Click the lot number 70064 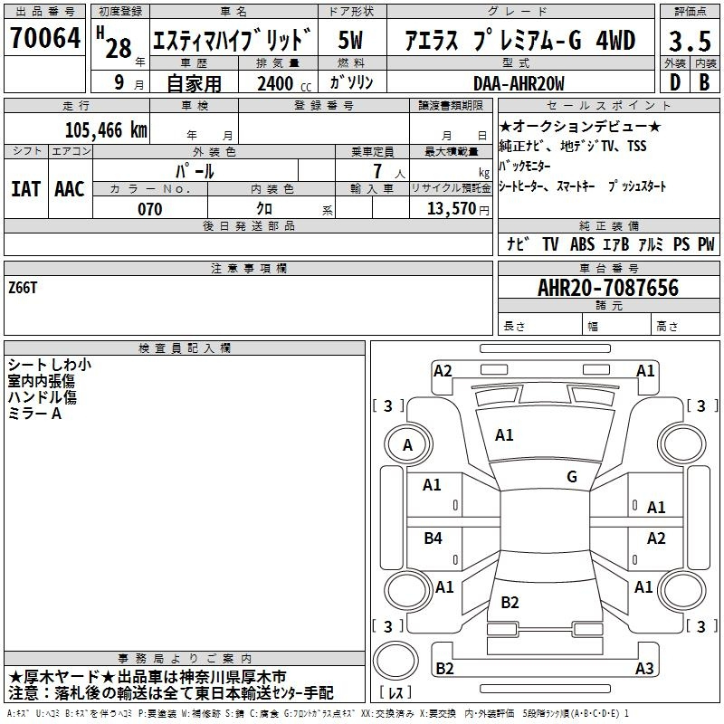coord(45,38)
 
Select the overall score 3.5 coord(690,41)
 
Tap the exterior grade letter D coord(675,82)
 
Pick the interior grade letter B coord(704,82)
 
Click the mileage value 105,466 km coord(106,130)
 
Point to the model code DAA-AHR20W coord(519,83)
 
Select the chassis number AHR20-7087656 coord(608,288)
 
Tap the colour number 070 coord(150,209)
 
